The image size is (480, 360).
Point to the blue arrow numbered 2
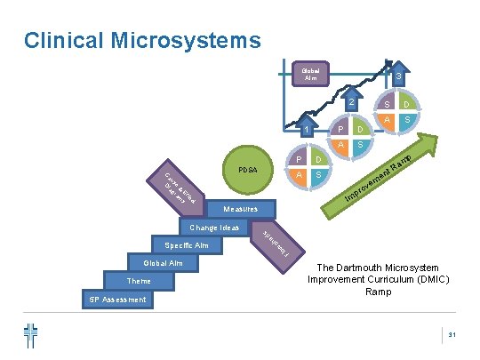point(352,104)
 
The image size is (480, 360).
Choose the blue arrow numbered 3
point(399,76)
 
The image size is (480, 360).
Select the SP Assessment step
point(117,300)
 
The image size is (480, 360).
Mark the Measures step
point(241,209)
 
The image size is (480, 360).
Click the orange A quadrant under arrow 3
point(388,118)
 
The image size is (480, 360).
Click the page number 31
point(452,334)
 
